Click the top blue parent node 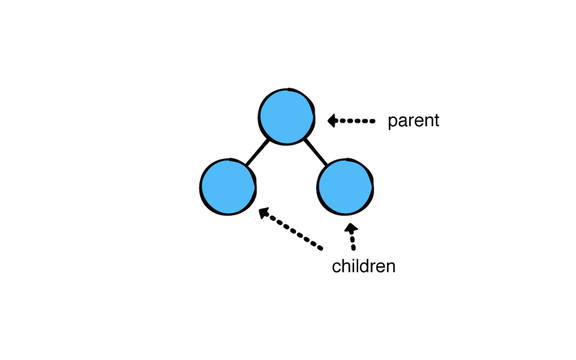pyautogui.click(x=286, y=116)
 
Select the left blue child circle pyautogui.click(x=228, y=187)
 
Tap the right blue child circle pyautogui.click(x=345, y=187)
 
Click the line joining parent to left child pyautogui.click(x=258, y=152)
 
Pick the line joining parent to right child pyautogui.click(x=316, y=152)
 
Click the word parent pyautogui.click(x=413, y=121)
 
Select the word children pyautogui.click(x=364, y=266)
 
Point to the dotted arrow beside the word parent pyautogui.click(x=351, y=121)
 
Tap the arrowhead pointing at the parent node pyautogui.click(x=332, y=121)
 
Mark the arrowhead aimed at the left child pyautogui.click(x=264, y=213)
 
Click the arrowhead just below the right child pyautogui.click(x=351, y=228)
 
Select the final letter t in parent pyautogui.click(x=437, y=120)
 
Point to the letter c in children pyautogui.click(x=336, y=268)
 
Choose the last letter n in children pyautogui.click(x=391, y=268)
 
